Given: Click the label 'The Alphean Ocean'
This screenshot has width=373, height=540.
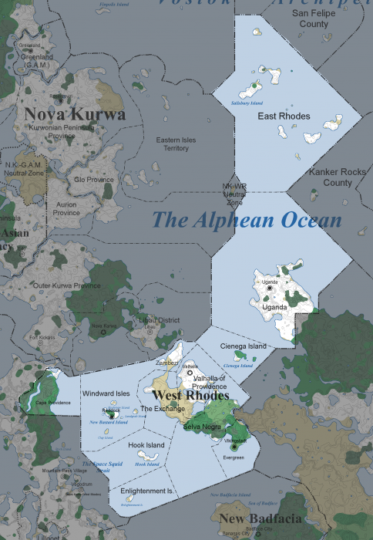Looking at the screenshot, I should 247,220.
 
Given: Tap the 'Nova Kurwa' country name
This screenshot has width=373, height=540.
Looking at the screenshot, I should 75,115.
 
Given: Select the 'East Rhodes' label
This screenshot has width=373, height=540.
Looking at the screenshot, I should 284,116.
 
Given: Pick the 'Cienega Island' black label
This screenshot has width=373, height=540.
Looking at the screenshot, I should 244,346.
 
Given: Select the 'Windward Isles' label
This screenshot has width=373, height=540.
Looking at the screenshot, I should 106,393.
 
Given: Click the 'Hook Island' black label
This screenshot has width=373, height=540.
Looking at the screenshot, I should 145,446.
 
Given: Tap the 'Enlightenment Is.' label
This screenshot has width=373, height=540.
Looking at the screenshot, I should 147,491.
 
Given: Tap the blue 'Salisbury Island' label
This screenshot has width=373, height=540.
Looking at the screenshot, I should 243,102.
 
